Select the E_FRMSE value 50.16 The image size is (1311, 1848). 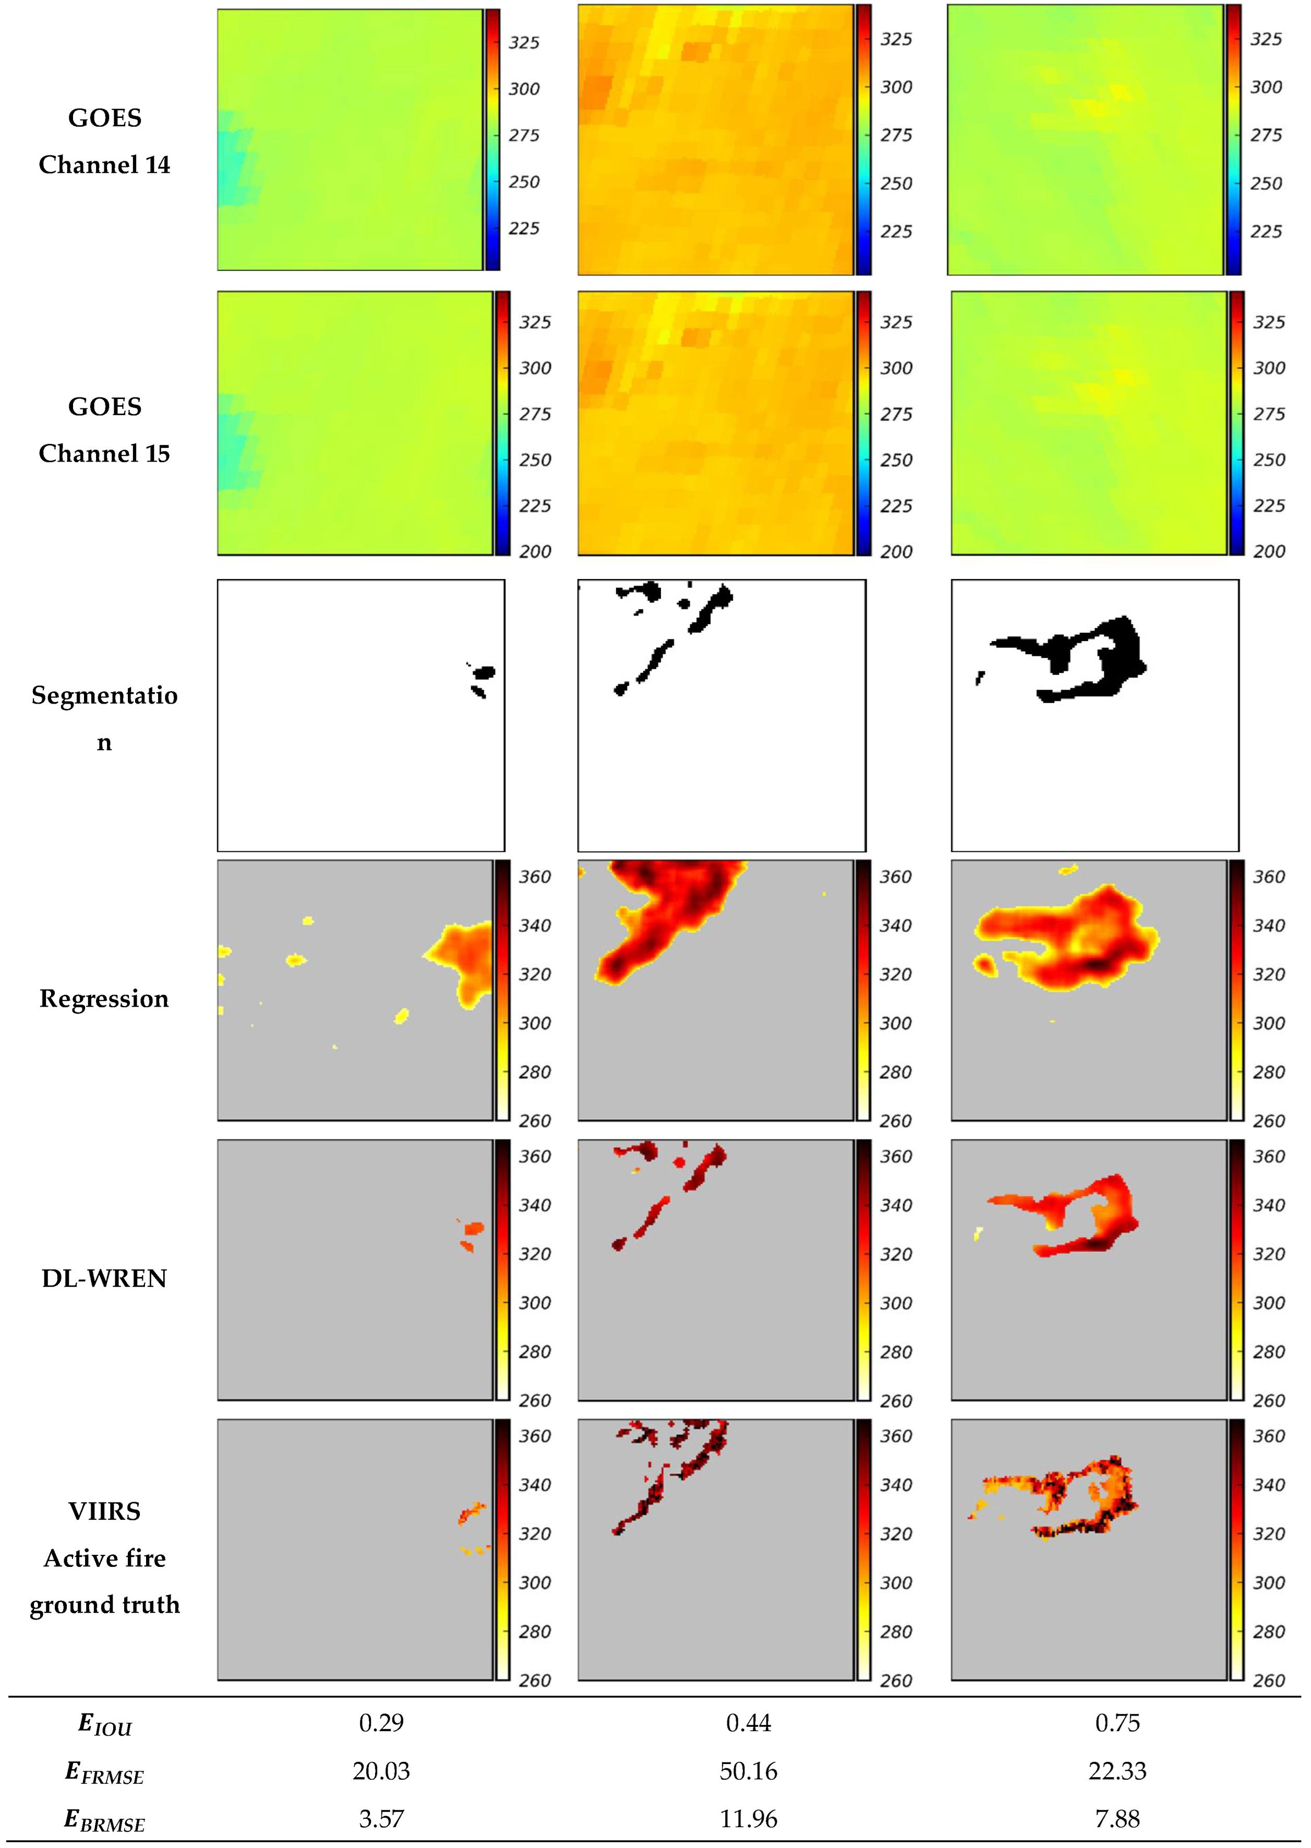pos(748,1771)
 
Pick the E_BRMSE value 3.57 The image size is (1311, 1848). pos(381,1819)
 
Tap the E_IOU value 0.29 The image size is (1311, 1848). pos(381,1723)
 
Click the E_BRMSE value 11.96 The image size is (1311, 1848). pos(748,1819)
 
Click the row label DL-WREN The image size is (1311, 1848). pos(104,1278)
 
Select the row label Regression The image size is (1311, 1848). pos(104,999)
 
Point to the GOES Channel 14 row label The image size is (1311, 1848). pos(104,141)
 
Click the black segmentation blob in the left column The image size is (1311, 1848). pos(484,672)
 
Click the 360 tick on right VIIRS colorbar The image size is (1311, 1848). pos(1268,1436)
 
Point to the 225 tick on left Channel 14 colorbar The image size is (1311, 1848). pos(523,228)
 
